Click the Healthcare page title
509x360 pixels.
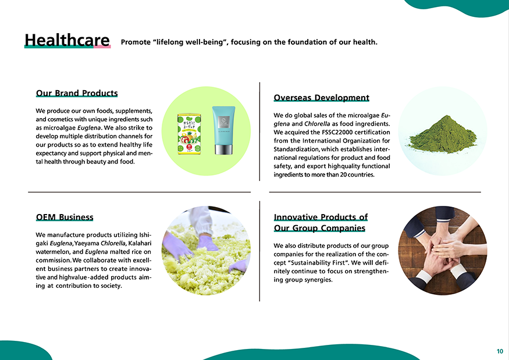pos(67,40)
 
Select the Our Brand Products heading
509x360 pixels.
pos(77,93)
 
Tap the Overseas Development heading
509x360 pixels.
pos(321,98)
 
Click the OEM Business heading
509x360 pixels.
pos(65,217)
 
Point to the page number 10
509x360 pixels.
pos(500,351)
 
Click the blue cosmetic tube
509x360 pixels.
pos(223,130)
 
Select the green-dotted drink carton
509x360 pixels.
pos(189,134)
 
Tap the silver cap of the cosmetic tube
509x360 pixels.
pos(223,149)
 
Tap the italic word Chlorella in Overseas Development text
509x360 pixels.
pos(317,124)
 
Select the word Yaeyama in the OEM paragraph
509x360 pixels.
pos(87,244)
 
